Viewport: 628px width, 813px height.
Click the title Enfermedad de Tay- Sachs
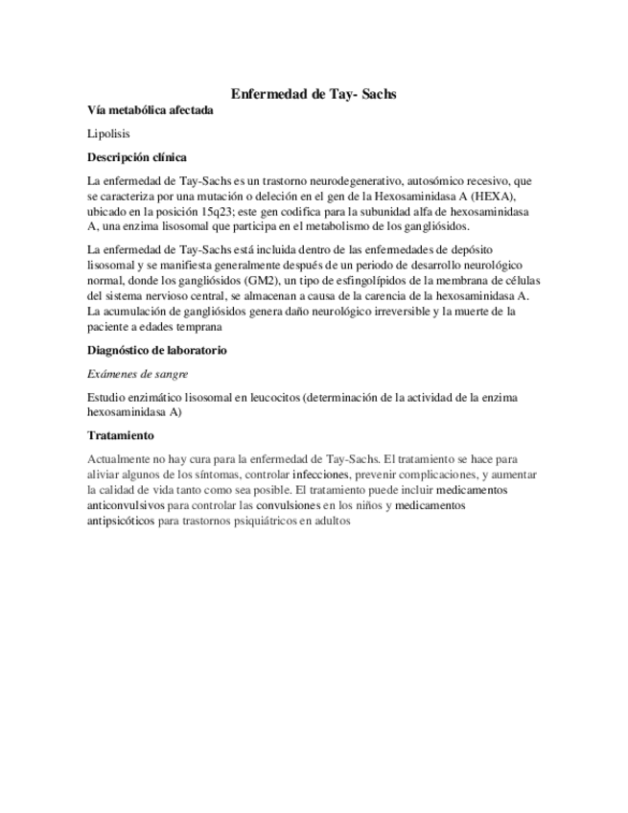[x=314, y=94]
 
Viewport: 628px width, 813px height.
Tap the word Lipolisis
[x=107, y=133]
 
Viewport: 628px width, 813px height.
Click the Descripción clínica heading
[x=137, y=156]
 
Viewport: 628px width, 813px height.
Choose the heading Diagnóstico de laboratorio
[x=156, y=350]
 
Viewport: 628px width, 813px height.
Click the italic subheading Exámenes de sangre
[x=137, y=373]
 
